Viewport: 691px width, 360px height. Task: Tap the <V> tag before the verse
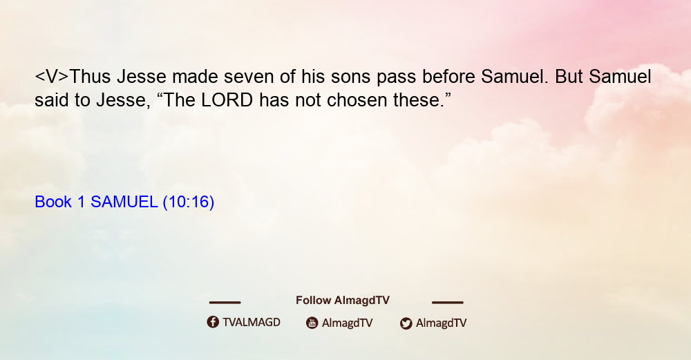[52, 77]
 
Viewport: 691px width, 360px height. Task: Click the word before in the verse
[448, 77]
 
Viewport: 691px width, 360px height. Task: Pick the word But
[569, 77]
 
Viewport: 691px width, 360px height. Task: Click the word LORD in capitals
[227, 100]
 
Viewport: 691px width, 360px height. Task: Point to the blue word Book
[53, 202]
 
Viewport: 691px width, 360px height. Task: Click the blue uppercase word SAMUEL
[124, 202]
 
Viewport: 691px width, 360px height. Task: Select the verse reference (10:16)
[189, 202]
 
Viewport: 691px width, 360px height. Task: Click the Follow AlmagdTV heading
[343, 301]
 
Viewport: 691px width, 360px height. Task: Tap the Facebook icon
[213, 322]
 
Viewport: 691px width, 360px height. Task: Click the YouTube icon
[312, 323]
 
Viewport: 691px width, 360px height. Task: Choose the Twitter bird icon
[406, 323]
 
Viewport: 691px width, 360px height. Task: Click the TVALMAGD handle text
[252, 322]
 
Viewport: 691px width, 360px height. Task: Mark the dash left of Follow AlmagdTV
[225, 302]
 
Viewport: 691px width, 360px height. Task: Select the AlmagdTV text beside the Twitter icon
[441, 323]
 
